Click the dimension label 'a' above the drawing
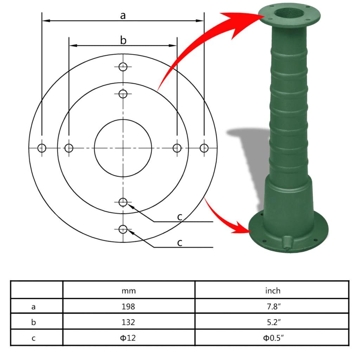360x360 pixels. click(x=123, y=15)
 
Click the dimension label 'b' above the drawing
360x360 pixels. click(x=123, y=40)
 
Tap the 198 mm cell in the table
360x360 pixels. click(x=129, y=307)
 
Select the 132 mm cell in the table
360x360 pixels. click(x=129, y=322)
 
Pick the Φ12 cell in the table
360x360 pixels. click(x=129, y=338)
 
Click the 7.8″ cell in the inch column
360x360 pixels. click(x=272, y=307)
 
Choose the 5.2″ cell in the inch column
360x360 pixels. click(x=272, y=322)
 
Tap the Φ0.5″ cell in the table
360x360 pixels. click(x=272, y=338)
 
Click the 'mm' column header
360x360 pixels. click(x=129, y=291)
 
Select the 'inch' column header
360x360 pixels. click(x=272, y=291)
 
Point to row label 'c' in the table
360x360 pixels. click(x=34, y=338)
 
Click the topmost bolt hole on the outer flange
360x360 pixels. click(x=123, y=67)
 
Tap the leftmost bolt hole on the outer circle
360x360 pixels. click(x=42, y=148)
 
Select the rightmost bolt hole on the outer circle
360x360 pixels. click(x=204, y=148)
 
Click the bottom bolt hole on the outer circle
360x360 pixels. click(x=123, y=229)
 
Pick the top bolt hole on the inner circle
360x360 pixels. click(x=123, y=94)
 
